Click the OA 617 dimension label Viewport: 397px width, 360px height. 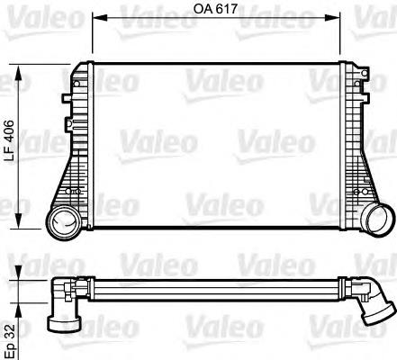click(213, 10)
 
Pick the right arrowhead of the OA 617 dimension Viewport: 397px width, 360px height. click(334, 17)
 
